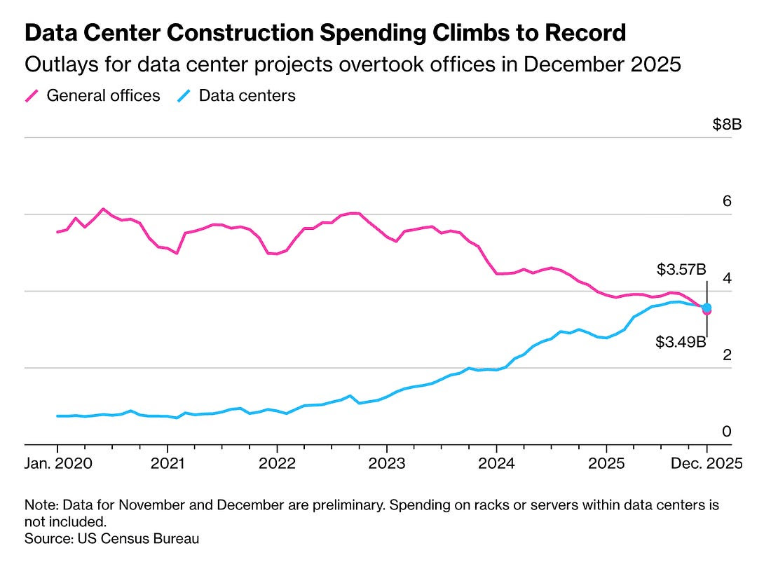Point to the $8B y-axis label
[727, 125]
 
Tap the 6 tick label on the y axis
[727, 202]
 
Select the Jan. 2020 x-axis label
[57, 463]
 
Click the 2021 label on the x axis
[167, 463]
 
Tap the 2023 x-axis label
[386, 463]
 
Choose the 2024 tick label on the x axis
[496, 463]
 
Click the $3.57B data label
[681, 268]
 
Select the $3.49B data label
[681, 342]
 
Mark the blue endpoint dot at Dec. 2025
[707, 307]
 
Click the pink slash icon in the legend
[32, 96]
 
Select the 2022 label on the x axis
[277, 463]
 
